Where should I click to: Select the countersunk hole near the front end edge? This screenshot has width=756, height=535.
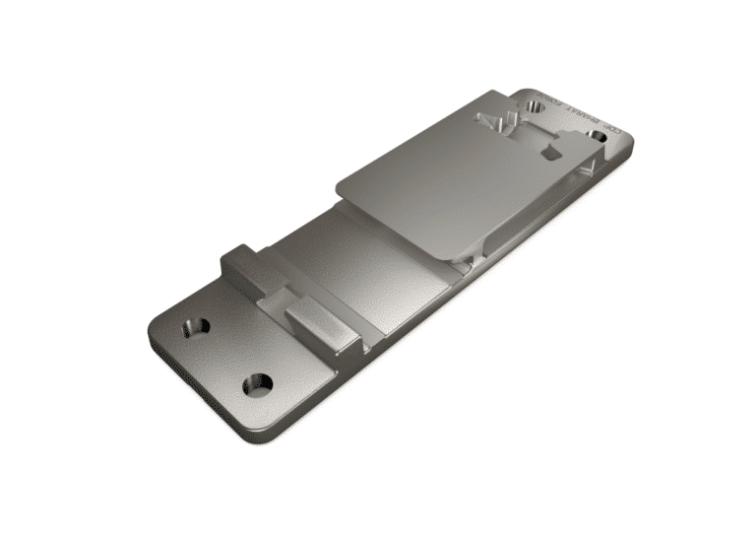tap(259, 382)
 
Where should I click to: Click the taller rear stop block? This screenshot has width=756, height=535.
tap(242, 263)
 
